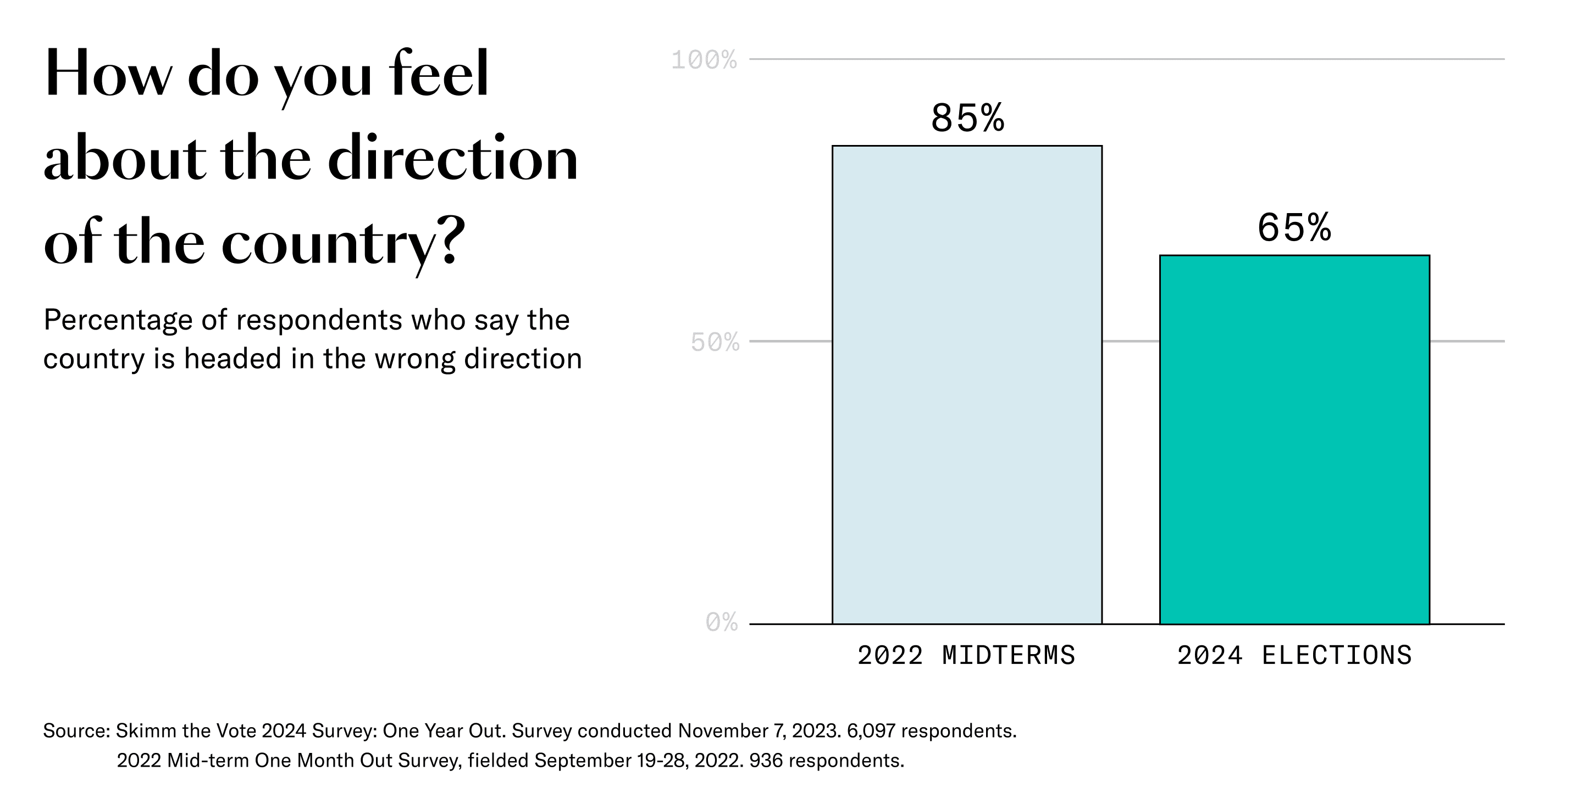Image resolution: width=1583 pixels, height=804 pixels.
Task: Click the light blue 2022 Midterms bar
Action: (x=967, y=384)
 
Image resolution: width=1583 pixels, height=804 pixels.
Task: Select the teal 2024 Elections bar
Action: (x=1294, y=439)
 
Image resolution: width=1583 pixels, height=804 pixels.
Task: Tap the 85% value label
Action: (x=967, y=118)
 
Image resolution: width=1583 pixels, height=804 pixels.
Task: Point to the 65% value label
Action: (x=1294, y=228)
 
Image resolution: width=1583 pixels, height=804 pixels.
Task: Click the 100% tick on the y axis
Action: (x=704, y=60)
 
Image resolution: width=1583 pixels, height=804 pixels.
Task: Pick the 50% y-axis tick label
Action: (x=714, y=343)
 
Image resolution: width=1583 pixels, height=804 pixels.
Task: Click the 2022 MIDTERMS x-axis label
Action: (x=966, y=655)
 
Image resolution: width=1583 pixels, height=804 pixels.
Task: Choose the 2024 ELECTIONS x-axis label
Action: (x=1294, y=655)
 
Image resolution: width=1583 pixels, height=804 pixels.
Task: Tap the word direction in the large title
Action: (x=453, y=159)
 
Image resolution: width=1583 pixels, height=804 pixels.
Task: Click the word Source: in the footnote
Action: (x=76, y=731)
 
